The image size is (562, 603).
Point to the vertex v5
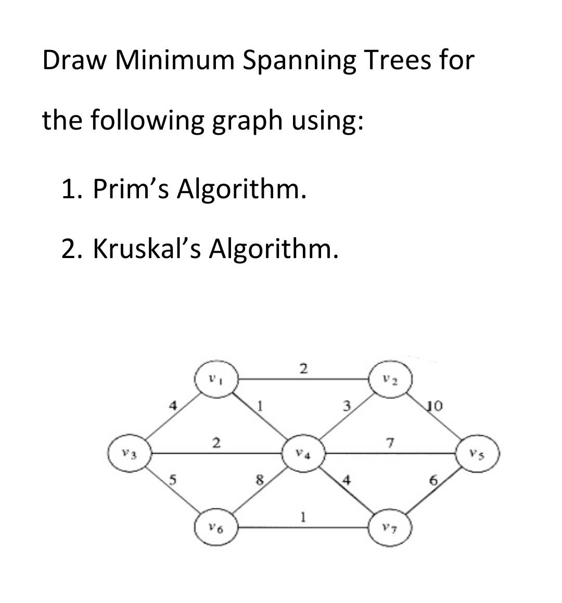point(478,453)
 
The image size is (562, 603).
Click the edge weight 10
point(433,405)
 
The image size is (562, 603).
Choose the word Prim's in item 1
point(131,188)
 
